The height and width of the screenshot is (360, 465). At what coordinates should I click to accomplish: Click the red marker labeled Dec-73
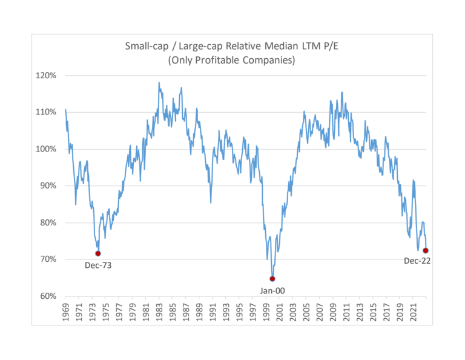(98, 253)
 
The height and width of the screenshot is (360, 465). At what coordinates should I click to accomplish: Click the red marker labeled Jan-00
(272, 279)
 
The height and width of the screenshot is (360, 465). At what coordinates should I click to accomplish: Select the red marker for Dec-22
(426, 250)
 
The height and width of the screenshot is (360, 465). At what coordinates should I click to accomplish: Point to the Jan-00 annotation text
(273, 290)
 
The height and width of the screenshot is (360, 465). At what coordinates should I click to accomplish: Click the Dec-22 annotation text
(417, 261)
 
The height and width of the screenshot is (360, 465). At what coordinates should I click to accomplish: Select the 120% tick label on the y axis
(47, 76)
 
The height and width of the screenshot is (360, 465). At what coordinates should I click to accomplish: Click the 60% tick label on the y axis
(48, 296)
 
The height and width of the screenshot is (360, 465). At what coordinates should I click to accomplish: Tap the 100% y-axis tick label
(47, 149)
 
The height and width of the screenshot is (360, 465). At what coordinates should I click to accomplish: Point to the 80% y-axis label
(48, 223)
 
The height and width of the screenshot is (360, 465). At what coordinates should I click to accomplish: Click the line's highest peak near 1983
(159, 82)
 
